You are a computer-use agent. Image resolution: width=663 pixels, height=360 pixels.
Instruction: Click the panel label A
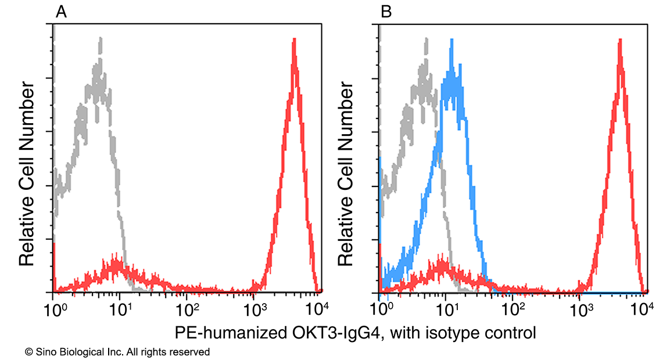[x=61, y=11]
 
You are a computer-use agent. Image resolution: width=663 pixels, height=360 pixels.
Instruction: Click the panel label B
[x=386, y=11]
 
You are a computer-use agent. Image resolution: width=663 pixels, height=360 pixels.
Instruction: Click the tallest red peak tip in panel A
[x=295, y=39]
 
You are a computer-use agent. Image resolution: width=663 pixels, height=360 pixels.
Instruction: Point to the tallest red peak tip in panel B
[x=621, y=40]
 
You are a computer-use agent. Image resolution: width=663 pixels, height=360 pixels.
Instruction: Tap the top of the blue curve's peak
[x=451, y=40]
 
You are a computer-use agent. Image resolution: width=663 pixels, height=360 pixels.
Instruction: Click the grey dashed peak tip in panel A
[x=101, y=38]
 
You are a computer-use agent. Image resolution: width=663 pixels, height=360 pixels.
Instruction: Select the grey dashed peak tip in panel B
[x=427, y=38]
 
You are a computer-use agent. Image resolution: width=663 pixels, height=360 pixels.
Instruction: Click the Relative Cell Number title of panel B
[x=346, y=174]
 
